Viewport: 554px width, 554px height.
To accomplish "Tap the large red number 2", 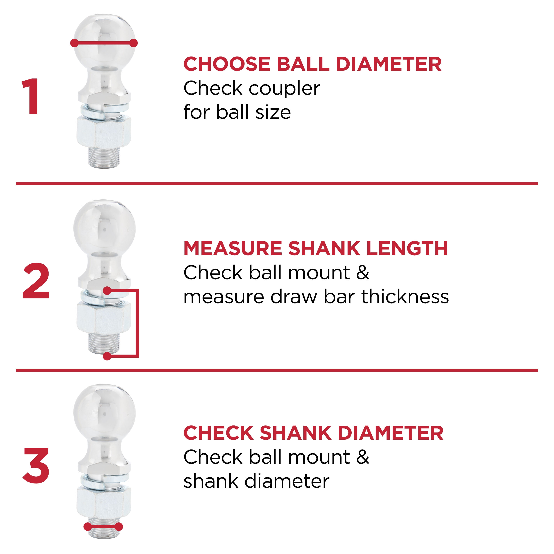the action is click(x=36, y=281).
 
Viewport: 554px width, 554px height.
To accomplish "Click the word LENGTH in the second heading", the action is click(x=407, y=248).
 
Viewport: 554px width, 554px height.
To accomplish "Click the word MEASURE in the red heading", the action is click(x=232, y=248).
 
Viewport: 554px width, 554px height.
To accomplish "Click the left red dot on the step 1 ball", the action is click(x=74, y=43).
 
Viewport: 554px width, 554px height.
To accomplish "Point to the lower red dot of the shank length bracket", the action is click(x=107, y=356).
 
